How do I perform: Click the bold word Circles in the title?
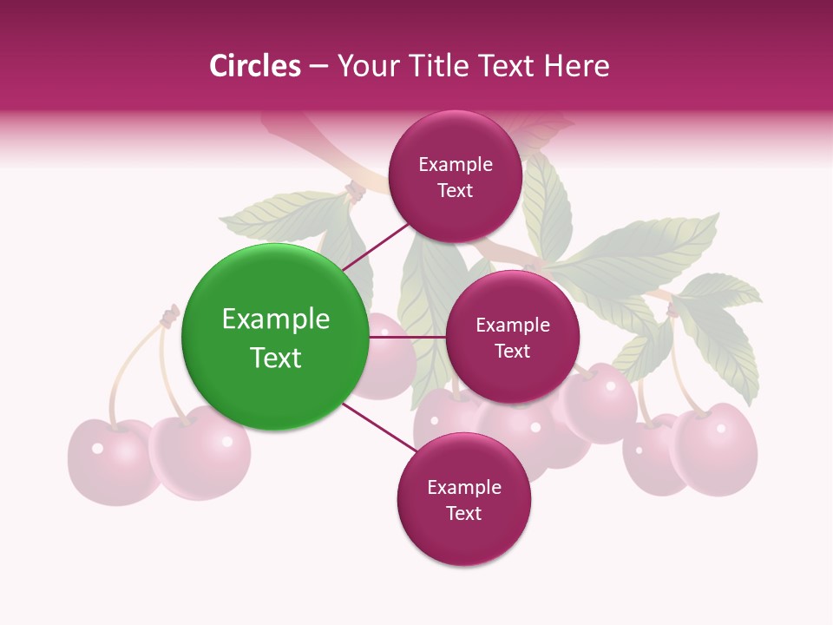point(255,66)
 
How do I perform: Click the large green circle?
point(275,338)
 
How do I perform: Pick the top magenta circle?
point(456,176)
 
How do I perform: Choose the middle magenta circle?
point(512,337)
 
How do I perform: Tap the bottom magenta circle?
point(463,500)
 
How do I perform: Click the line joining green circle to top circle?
point(377,246)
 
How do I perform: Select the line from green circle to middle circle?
point(406,337)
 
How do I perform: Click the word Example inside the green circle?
point(275,319)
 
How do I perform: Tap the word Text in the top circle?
point(456,191)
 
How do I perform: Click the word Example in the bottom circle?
point(463,487)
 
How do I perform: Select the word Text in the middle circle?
point(512,352)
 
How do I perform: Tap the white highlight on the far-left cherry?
point(97,448)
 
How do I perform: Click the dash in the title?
point(318,67)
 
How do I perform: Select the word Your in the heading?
point(365,66)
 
